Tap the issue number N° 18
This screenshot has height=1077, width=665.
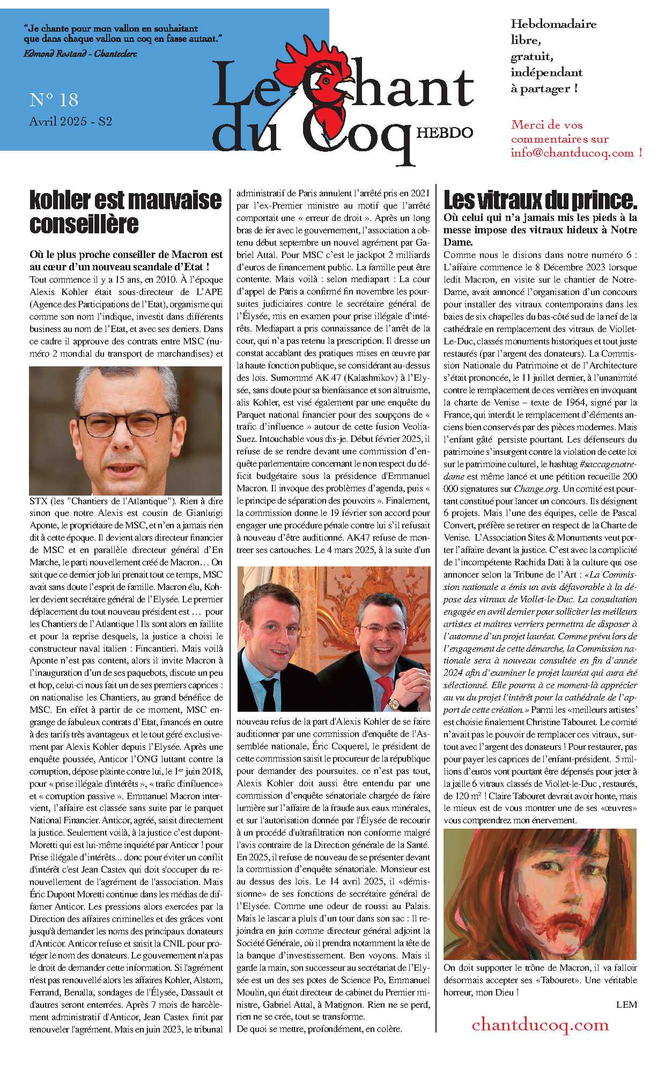point(54,100)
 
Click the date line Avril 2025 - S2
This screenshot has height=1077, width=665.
point(70,121)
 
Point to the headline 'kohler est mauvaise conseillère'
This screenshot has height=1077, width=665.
point(125,212)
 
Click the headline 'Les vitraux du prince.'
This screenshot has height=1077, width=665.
point(540,201)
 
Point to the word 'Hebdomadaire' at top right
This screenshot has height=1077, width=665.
point(553,24)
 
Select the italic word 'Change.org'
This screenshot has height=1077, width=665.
point(536,489)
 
